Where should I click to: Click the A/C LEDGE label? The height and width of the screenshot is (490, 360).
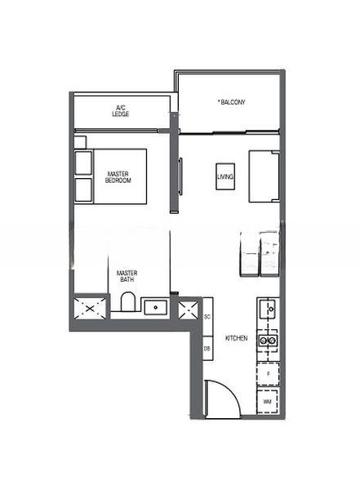(x=121, y=110)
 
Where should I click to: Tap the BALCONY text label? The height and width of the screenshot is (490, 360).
(x=232, y=102)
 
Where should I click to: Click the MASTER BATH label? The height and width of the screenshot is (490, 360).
(x=126, y=277)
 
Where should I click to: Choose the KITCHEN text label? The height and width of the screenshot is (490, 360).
(x=238, y=337)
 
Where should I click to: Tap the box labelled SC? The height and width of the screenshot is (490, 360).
(x=207, y=316)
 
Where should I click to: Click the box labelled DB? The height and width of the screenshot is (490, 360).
(x=207, y=349)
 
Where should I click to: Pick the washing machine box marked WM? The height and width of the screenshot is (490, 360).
(x=268, y=403)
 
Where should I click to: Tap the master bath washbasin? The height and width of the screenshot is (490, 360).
(x=155, y=308)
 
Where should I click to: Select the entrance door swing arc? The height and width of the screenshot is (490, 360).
(x=222, y=399)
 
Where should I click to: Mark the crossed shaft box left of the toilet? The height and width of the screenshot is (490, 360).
(x=88, y=309)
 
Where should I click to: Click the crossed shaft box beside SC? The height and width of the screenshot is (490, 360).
(x=189, y=309)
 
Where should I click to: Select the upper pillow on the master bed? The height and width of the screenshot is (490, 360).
(x=82, y=163)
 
